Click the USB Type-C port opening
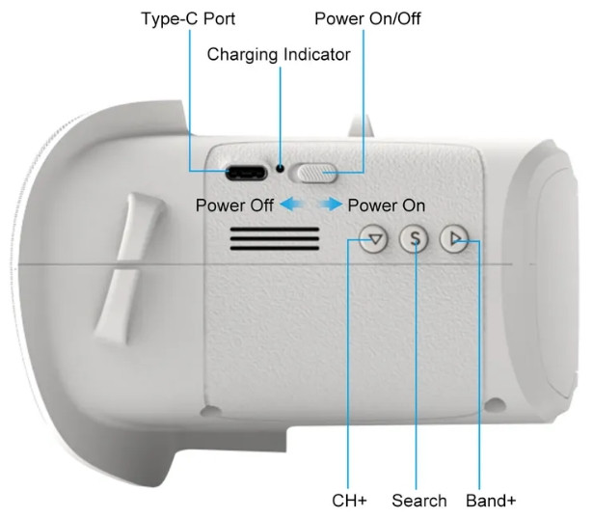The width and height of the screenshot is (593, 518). [246, 174]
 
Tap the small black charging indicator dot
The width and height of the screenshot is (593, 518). [280, 169]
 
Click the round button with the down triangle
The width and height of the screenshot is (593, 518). [374, 239]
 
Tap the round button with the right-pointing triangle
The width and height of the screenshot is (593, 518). [454, 239]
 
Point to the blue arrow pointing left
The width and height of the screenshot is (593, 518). [293, 204]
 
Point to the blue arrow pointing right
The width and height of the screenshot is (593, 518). [330, 204]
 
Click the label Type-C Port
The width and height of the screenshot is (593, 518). [188, 18]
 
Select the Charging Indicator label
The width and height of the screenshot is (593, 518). [279, 54]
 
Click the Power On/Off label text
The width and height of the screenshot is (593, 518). [367, 18]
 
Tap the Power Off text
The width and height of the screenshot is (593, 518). [234, 205]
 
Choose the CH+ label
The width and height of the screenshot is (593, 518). [349, 501]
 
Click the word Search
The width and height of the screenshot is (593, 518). [419, 501]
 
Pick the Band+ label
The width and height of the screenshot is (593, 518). [491, 501]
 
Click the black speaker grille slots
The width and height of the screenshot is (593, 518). [275, 239]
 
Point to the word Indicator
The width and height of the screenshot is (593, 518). [317, 54]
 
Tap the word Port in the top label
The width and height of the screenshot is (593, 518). [219, 18]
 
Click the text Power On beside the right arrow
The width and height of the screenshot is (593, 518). [387, 205]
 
